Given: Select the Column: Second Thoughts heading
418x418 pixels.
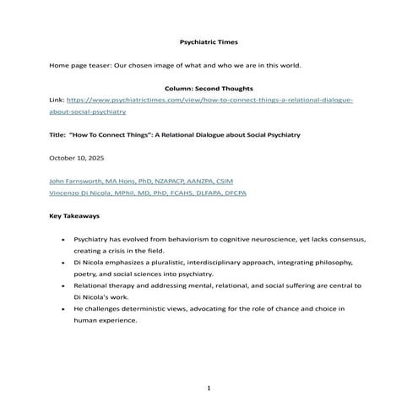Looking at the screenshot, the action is click(209, 88).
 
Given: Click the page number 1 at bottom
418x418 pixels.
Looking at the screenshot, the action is click(209, 388).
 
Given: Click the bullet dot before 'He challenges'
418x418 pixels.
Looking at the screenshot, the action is click(64, 309).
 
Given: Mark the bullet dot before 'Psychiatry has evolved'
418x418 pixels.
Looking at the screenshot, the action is click(64, 240).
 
